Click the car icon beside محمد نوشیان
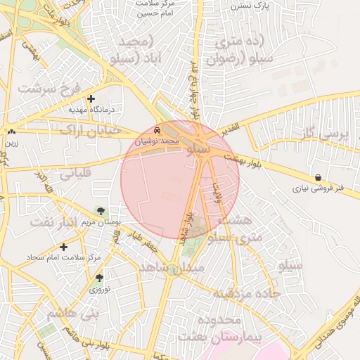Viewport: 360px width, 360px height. (156, 131)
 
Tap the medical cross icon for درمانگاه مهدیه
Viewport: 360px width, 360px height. (91, 99)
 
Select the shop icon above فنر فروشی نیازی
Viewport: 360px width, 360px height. (319, 178)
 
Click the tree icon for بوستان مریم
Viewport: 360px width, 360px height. (101, 210)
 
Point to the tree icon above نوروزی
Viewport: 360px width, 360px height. (98, 278)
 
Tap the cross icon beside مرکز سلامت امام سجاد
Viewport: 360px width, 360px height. (64, 247)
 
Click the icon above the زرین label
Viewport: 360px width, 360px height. (11, 131)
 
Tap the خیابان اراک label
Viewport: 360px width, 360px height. (90, 130)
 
